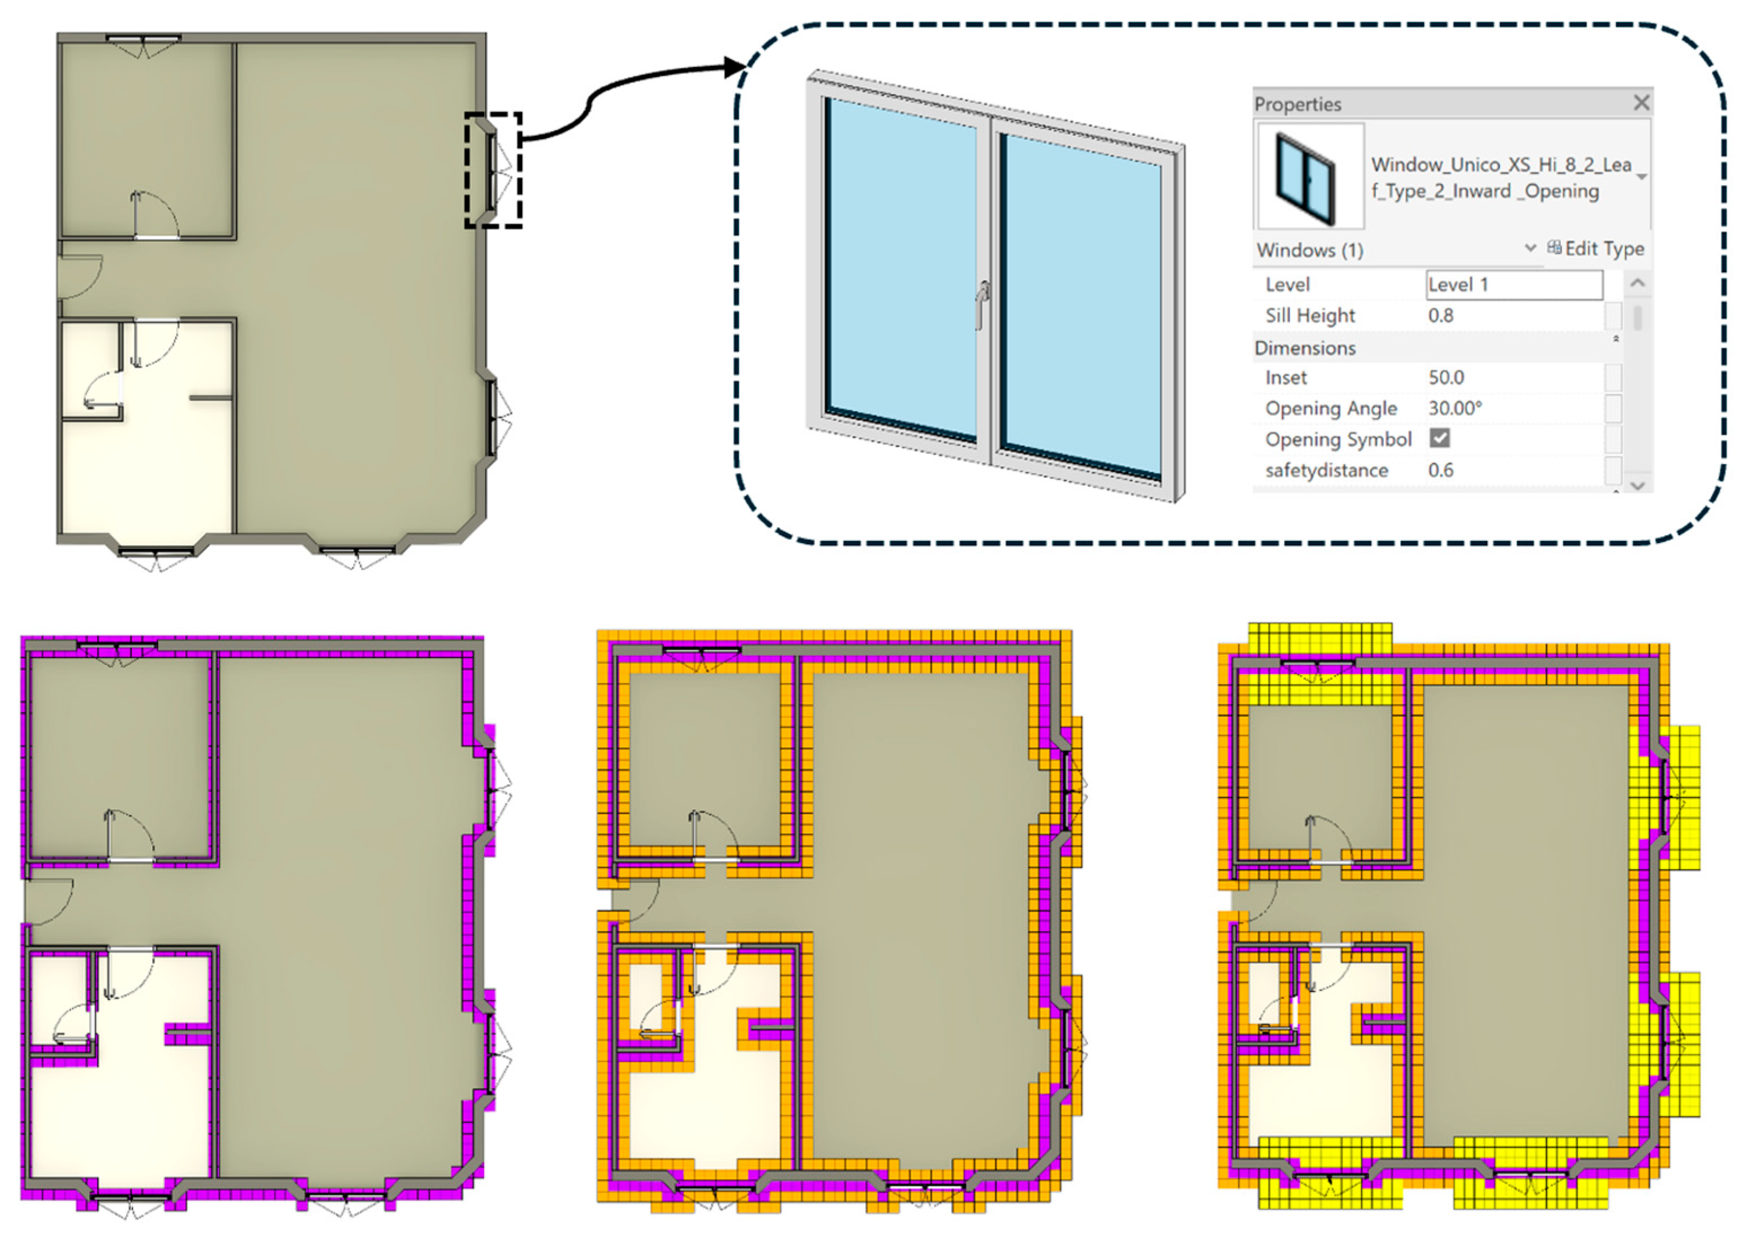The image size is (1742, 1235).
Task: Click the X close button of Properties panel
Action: [1641, 103]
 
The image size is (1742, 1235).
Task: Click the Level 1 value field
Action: [1514, 284]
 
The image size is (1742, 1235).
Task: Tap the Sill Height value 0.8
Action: [1440, 316]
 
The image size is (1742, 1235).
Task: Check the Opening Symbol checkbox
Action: [1439, 438]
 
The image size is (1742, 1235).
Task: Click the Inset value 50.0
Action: [1446, 377]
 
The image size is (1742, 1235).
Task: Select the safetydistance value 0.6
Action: [1441, 470]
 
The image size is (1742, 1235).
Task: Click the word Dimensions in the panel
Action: [1305, 349]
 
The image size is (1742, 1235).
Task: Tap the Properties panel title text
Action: [1297, 104]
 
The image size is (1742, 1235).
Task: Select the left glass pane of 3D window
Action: [902, 269]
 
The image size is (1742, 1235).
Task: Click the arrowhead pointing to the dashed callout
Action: [735, 67]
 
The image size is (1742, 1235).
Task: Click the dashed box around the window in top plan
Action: [494, 170]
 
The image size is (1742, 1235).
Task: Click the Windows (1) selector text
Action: [1309, 250]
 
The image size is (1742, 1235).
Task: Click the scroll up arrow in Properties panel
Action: [1638, 284]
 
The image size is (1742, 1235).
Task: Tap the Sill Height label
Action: [1310, 316]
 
